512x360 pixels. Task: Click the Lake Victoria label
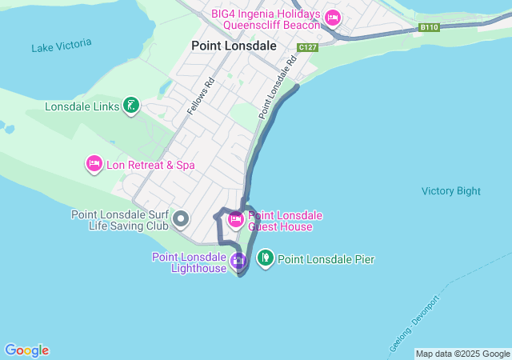[x=62, y=46]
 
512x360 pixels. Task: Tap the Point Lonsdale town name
[x=234, y=46]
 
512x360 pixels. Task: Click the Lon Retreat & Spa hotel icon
[x=94, y=164]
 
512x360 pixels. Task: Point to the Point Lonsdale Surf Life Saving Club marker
[x=181, y=218]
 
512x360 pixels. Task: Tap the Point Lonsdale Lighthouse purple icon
[x=238, y=260]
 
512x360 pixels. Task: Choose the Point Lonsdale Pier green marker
[x=265, y=258]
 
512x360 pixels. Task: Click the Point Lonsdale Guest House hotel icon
[x=236, y=219]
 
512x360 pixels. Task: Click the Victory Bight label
[x=451, y=191]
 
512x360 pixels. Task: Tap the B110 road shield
[x=430, y=27]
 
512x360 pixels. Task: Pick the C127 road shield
[x=308, y=48]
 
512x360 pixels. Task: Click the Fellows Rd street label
[x=200, y=96]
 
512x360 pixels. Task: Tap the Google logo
[x=26, y=350]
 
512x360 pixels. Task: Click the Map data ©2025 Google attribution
[x=462, y=354]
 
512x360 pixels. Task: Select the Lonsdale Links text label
[x=82, y=106]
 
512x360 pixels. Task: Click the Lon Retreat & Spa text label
[x=150, y=165]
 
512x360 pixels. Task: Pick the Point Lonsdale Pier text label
[x=326, y=259]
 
